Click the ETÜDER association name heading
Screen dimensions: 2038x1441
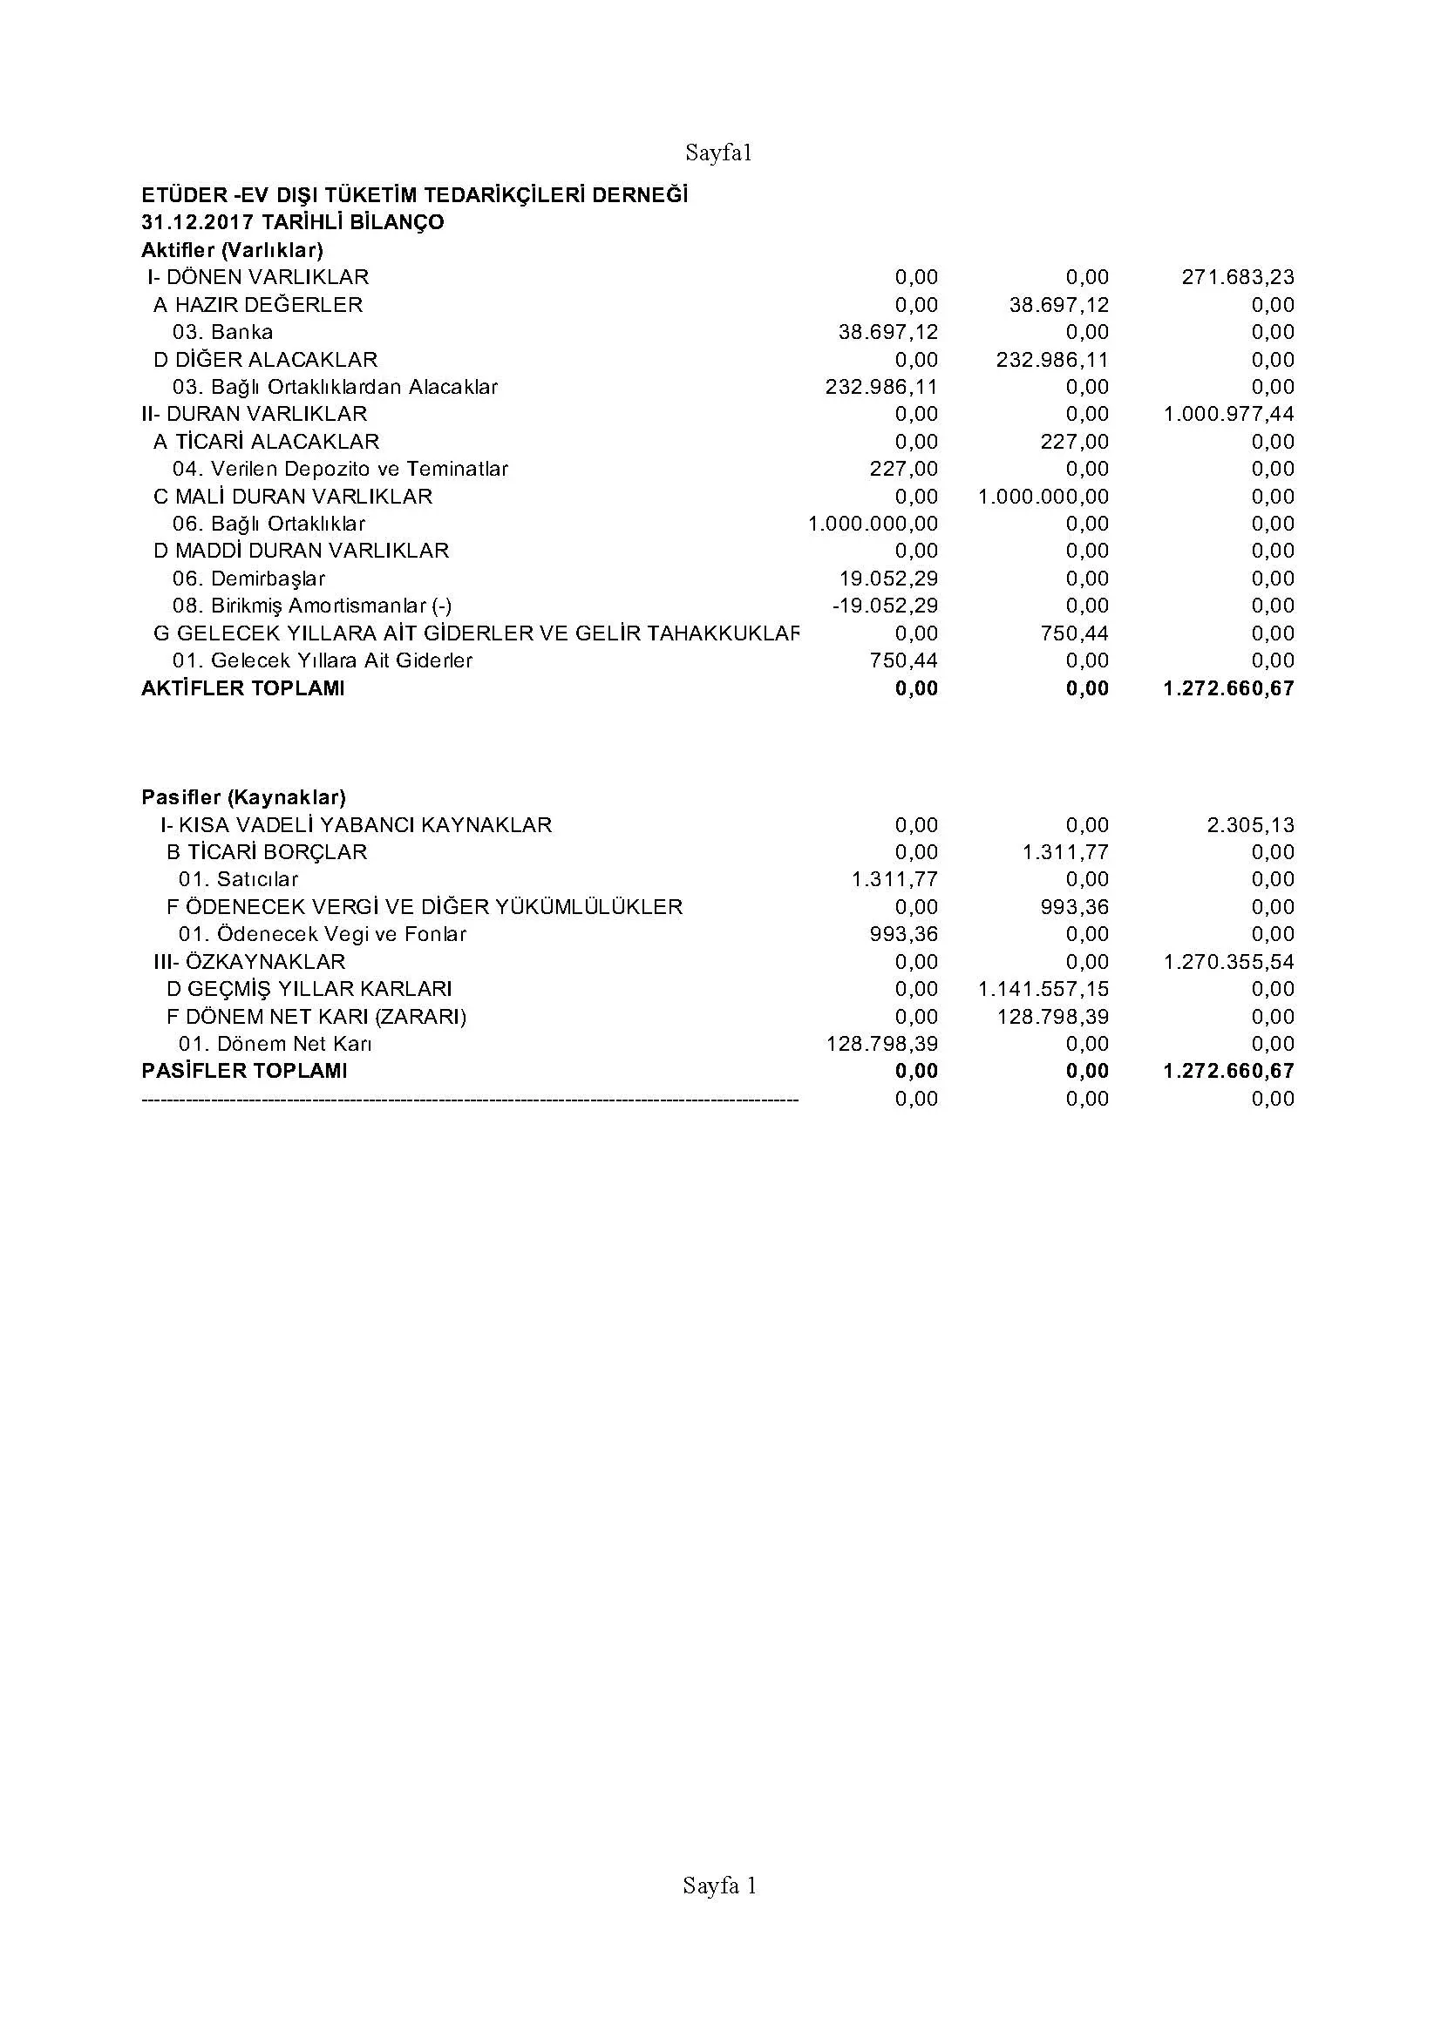pyautogui.click(x=415, y=194)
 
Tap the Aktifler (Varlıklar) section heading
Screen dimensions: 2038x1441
pyautogui.click(x=232, y=249)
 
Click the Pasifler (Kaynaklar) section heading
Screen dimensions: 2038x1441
pyautogui.click(x=243, y=797)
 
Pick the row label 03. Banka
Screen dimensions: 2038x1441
pyautogui.click(x=223, y=332)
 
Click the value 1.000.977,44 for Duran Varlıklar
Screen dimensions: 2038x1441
pyautogui.click(x=1229, y=414)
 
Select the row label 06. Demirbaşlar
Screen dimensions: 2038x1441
pyautogui.click(x=248, y=579)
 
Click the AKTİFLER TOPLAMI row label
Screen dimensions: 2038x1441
pyautogui.click(x=242, y=688)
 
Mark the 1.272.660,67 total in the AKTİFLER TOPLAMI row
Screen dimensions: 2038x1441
pyautogui.click(x=1229, y=688)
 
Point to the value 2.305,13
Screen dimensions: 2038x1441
pyautogui.click(x=1250, y=824)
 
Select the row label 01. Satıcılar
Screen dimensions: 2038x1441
pyautogui.click(x=238, y=880)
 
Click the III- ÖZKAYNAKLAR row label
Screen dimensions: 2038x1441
pyautogui.click(x=249, y=961)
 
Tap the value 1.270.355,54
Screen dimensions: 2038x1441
pyautogui.click(x=1229, y=961)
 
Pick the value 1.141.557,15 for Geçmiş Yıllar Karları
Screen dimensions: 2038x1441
pyautogui.click(x=1043, y=989)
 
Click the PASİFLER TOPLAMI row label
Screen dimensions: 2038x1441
pyautogui.click(x=244, y=1071)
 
